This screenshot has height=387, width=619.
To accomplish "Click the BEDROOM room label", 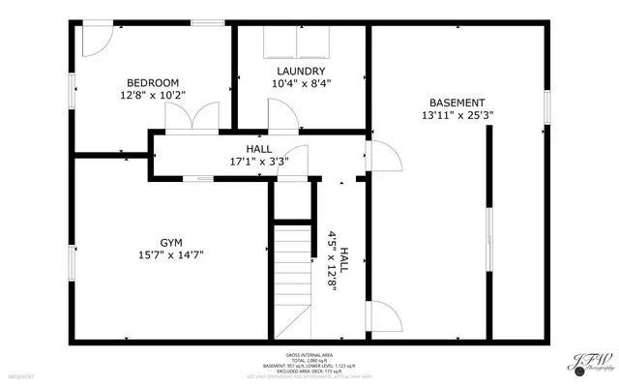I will (153, 82).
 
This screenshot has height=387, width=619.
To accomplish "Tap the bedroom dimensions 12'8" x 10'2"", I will (153, 95).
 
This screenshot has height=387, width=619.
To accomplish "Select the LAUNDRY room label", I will (301, 71).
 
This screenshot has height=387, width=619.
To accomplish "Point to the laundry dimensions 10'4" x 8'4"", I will (301, 83).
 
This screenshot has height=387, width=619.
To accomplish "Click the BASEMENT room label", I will (457, 103).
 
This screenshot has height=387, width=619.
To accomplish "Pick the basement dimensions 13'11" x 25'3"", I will (457, 115).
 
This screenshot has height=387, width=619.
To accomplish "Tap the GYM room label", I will (171, 243).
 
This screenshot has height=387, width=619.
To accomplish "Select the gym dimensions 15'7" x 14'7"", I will (171, 255).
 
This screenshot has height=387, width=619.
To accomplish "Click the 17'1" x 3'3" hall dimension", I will (258, 162).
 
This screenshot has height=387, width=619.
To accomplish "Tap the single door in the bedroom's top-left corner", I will (95, 39).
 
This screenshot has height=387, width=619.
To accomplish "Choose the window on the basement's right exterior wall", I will (547, 107).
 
